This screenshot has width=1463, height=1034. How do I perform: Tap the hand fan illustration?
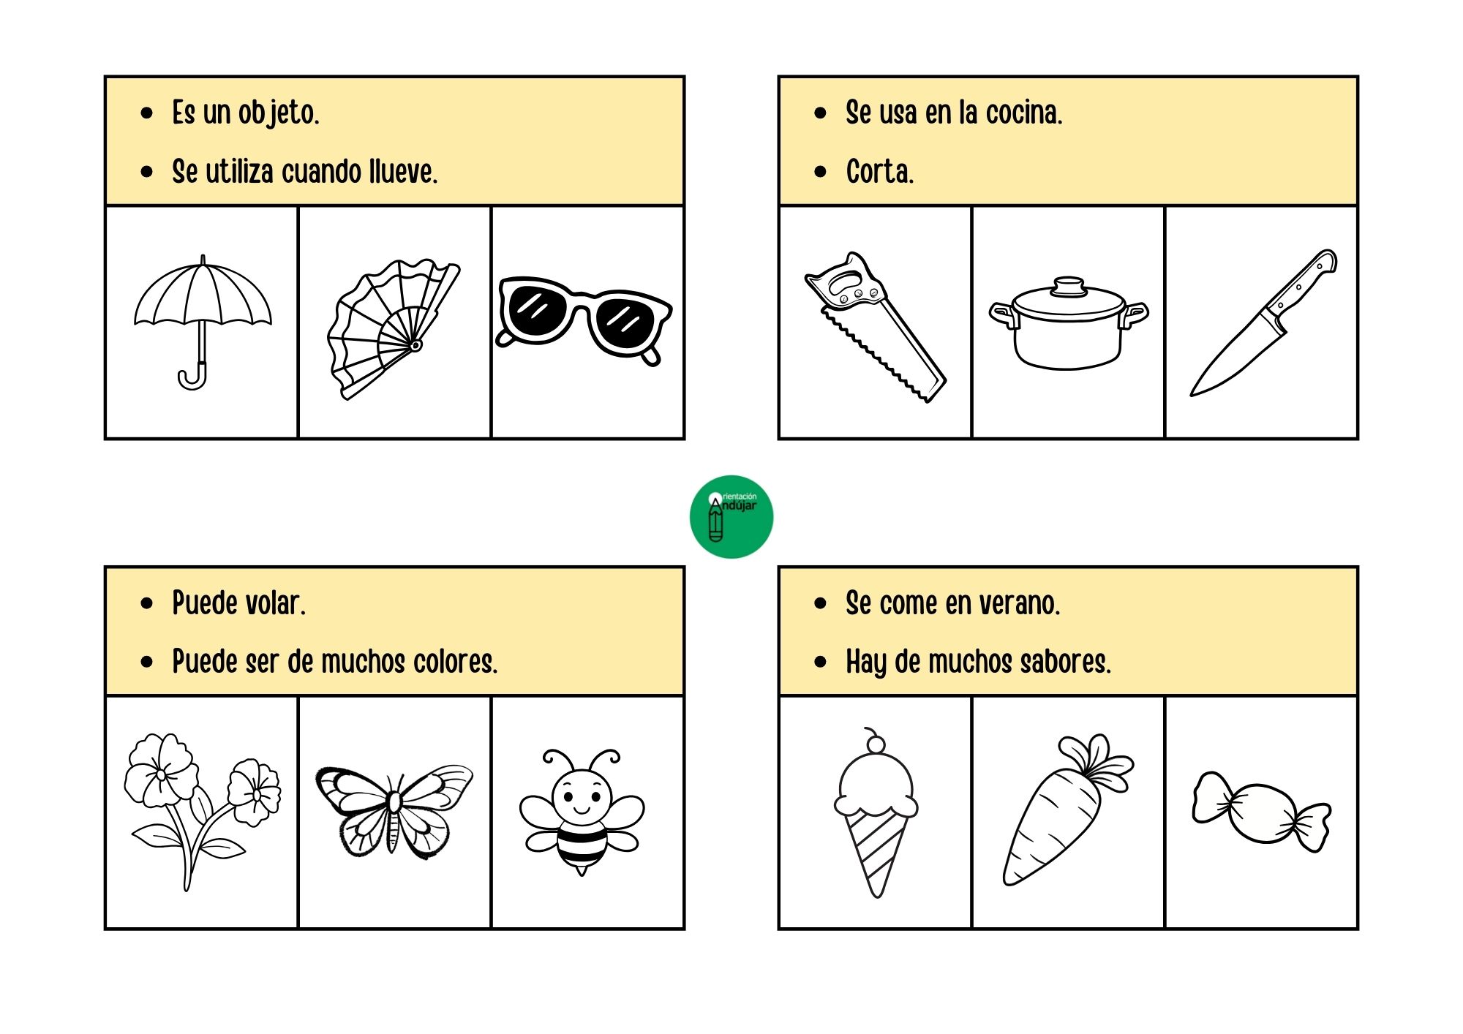(x=394, y=329)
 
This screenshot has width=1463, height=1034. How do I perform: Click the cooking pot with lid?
(x=1069, y=323)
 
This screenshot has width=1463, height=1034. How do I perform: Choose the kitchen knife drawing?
(x=1263, y=322)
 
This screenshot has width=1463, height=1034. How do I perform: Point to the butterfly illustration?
(x=394, y=810)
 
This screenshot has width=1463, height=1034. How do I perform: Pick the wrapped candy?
(x=1262, y=812)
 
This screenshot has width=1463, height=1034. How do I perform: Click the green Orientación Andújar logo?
(x=731, y=517)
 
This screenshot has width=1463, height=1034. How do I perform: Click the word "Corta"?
(x=880, y=172)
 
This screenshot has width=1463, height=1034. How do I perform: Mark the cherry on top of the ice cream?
(x=875, y=743)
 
